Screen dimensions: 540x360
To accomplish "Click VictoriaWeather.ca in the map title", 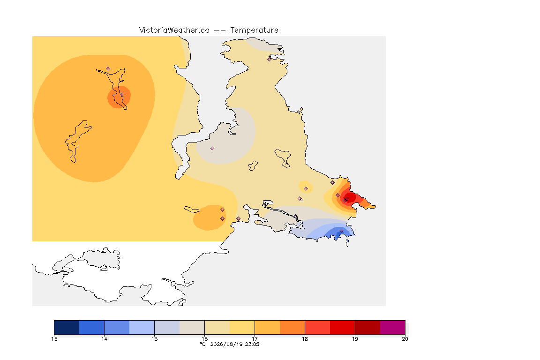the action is [x=174, y=30].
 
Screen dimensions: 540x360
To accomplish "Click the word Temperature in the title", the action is [x=254, y=30].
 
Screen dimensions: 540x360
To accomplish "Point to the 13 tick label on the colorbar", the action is [x=54, y=339].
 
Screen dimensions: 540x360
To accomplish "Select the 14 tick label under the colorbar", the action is [x=105, y=339].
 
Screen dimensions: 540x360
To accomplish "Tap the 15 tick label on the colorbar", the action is [x=154, y=339].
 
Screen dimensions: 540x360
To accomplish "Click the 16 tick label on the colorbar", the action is [x=204, y=339].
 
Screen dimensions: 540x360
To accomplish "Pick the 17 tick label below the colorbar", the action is [x=255, y=339].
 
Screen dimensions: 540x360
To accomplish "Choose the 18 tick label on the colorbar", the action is [x=305, y=339].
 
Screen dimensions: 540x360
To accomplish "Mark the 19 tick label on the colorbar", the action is [x=355, y=339].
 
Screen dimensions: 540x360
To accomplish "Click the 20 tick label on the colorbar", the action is [x=405, y=339].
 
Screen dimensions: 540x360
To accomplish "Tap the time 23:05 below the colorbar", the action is [x=252, y=344].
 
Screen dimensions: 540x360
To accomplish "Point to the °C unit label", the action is [x=203, y=344].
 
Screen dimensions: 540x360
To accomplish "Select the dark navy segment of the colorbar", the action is [x=67, y=327].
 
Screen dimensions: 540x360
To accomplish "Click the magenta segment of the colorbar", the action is [x=393, y=327].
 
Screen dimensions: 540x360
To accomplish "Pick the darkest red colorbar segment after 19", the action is [x=367, y=327].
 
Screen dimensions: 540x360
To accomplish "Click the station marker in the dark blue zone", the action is [x=341, y=231].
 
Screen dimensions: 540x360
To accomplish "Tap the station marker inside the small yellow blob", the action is [x=306, y=189].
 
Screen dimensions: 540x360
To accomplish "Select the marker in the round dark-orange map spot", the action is [x=122, y=94].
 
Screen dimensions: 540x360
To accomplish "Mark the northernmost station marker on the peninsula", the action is [x=270, y=59].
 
